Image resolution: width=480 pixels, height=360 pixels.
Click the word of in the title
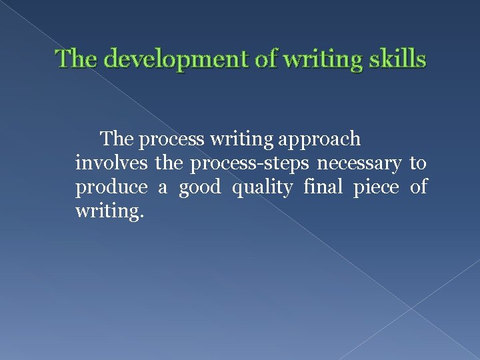(267, 59)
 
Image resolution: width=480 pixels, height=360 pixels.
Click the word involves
(112, 164)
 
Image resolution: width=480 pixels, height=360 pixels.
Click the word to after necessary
(418, 164)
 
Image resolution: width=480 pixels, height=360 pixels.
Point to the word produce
(111, 188)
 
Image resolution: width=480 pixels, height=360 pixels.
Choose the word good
(199, 188)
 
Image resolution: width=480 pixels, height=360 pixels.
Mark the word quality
(262, 188)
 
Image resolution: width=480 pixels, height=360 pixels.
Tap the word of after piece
(418, 188)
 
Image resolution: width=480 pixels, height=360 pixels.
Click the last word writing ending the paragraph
(109, 213)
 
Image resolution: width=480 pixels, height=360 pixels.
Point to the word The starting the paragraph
(117, 140)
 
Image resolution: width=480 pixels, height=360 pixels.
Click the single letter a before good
(162, 188)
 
